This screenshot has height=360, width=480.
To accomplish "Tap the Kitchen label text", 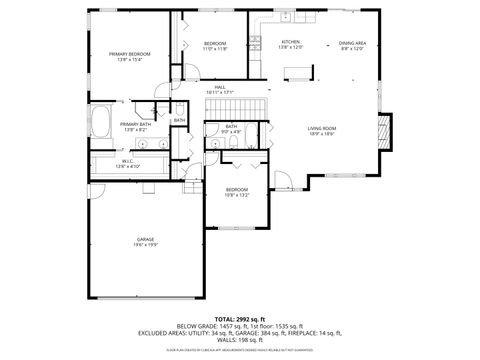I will [290, 42].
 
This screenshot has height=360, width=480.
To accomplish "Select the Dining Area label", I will [352, 42].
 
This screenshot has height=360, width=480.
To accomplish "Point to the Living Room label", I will [321, 128].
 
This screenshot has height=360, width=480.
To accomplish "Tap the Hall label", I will [220, 87].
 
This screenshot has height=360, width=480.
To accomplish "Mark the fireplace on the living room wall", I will [380, 129].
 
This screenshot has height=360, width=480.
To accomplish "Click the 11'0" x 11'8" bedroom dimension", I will [215, 49].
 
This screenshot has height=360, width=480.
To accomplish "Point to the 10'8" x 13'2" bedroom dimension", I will [236, 196].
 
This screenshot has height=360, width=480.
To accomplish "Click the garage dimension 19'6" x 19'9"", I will [145, 246].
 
